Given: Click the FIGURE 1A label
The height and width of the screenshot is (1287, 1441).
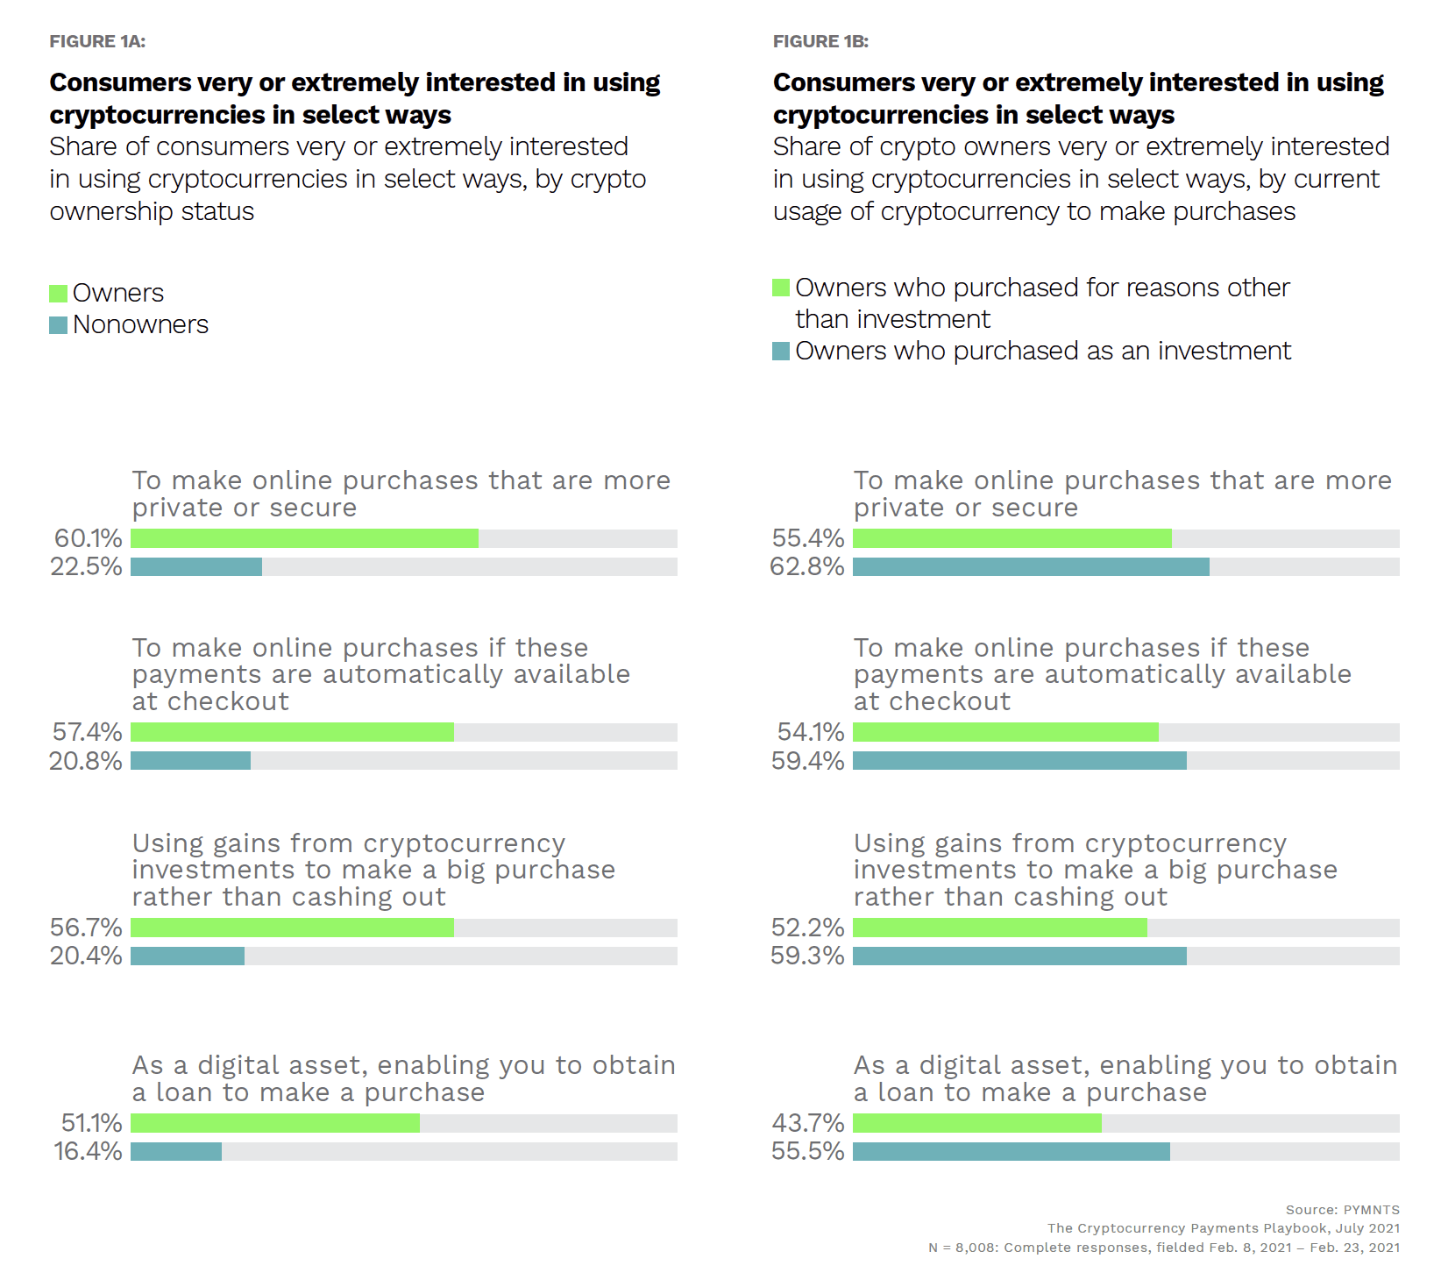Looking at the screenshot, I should point(97,41).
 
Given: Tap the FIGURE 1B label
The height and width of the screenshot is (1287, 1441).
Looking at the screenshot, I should point(820,41).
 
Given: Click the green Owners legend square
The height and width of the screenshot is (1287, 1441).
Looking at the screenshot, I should point(59,293).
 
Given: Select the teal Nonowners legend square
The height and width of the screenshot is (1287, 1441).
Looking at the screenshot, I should point(59,325).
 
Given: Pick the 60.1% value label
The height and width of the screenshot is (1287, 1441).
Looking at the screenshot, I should point(88,538).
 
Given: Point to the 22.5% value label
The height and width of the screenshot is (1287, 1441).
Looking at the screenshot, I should point(86,566).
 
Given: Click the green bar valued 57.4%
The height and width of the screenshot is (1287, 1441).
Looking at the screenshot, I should point(292,732).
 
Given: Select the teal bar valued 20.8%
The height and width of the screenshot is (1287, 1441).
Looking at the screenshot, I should point(190,760).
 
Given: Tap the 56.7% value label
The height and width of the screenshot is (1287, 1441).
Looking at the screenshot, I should point(86,928).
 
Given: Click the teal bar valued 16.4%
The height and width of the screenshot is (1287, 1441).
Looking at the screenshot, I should point(176,1151).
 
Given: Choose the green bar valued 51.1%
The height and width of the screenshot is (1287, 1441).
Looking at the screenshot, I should point(275,1123).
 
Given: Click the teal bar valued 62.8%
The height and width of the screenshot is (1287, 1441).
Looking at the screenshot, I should point(1031,566).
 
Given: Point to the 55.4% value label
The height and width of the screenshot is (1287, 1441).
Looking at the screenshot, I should point(807,538).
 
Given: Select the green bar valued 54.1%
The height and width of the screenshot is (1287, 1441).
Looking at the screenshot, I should point(1005,732).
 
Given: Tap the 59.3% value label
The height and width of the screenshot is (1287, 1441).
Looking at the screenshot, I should point(807,956).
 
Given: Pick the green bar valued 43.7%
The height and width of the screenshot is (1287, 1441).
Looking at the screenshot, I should point(976,1123).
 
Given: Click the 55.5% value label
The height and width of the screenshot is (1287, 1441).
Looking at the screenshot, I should point(807,1151).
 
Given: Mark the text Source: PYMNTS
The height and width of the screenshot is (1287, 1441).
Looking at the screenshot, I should point(1342,1210).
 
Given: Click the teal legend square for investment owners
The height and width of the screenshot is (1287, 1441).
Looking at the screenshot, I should point(781,352).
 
